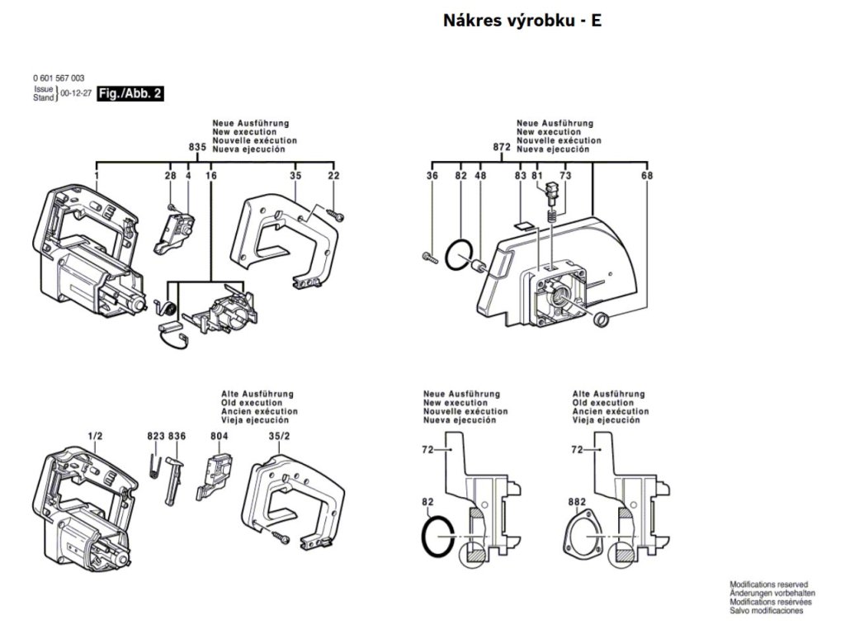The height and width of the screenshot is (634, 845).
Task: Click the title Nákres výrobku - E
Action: (x=522, y=21)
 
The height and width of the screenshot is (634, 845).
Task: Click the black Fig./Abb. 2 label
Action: (x=130, y=94)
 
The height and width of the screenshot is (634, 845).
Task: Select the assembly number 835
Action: (x=198, y=147)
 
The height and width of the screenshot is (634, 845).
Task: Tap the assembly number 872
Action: (x=502, y=147)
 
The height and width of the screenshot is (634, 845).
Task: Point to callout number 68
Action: (x=647, y=175)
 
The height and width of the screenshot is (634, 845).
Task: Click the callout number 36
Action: (x=432, y=175)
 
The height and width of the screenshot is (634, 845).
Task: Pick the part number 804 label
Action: (x=220, y=436)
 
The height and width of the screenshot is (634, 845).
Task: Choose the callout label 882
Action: (x=577, y=502)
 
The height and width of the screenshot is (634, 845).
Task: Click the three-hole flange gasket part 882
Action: (x=583, y=537)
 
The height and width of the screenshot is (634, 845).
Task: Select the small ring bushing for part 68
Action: (x=601, y=319)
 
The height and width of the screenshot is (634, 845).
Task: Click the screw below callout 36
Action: (x=429, y=258)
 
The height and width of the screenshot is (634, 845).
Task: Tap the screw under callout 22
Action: (x=336, y=215)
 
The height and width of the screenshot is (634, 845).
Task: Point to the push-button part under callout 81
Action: (x=552, y=192)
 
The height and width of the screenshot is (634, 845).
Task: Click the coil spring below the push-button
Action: (x=552, y=217)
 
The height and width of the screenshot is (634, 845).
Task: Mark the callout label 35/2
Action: (x=279, y=436)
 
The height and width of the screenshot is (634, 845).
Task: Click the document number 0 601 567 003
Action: (x=59, y=78)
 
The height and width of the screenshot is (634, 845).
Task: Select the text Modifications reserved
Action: (x=769, y=584)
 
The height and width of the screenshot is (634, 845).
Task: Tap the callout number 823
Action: (x=156, y=436)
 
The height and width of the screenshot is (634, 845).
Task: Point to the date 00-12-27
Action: (x=75, y=93)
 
